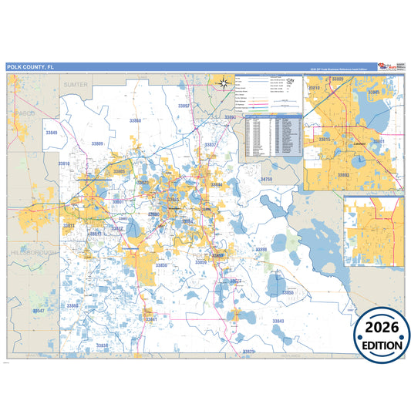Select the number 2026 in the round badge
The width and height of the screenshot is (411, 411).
point(382,328)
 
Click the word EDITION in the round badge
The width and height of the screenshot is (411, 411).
point(382,345)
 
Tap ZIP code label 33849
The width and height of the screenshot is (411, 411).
point(51,133)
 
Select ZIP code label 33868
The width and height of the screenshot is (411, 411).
point(136,121)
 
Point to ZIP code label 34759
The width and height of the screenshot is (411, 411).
point(266,179)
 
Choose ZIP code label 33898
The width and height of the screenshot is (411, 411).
point(261,250)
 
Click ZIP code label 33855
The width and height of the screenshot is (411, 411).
point(288,293)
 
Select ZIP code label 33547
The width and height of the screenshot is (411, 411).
point(39,310)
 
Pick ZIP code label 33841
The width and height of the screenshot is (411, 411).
point(151,318)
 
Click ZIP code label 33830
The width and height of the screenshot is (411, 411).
point(160,264)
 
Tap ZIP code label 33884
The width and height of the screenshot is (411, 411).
point(217,185)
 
